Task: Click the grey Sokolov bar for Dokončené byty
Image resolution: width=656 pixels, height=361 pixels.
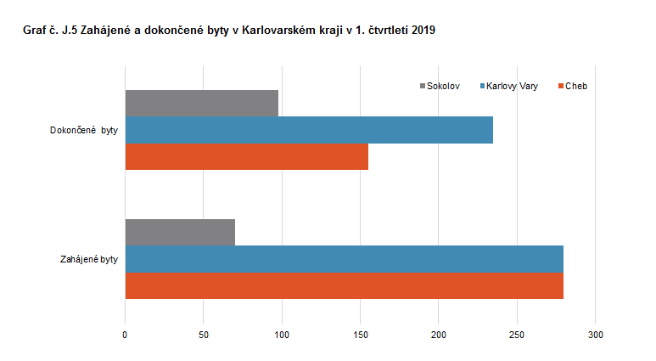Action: click(202, 103)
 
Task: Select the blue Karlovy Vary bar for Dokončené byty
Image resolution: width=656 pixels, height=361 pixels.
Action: click(309, 130)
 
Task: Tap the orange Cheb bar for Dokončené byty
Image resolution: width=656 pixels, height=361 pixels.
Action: click(247, 157)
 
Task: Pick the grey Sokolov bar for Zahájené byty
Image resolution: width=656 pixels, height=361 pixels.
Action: click(180, 232)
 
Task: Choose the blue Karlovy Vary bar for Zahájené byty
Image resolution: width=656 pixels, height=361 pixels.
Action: click(344, 259)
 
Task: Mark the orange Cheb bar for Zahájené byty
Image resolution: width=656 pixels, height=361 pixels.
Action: click(344, 285)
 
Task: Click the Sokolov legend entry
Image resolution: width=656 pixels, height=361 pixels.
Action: click(443, 86)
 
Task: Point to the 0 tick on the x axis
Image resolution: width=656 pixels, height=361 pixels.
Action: click(126, 336)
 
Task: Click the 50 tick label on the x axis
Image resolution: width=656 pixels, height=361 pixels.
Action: click(204, 336)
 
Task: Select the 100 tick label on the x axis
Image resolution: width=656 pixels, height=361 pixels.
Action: click(282, 336)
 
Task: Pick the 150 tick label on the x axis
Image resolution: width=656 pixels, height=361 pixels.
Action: click(361, 336)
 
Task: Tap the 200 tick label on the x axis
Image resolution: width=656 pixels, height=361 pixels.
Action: click(439, 336)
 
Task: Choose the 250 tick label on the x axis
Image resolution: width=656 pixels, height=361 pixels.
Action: click(517, 336)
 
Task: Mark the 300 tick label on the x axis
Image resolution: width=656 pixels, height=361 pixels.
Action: click(596, 336)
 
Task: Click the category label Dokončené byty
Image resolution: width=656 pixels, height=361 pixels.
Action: click(84, 130)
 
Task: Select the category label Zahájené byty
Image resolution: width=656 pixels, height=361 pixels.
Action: click(84, 259)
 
